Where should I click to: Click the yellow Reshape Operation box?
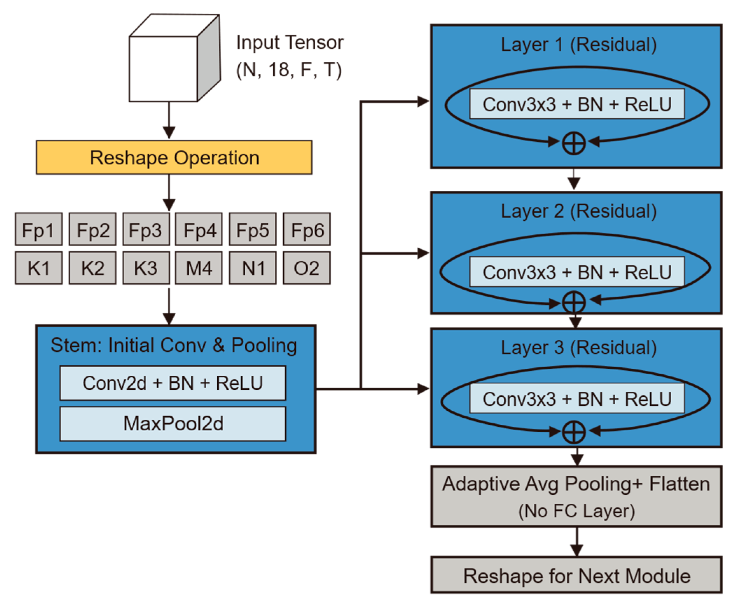(174, 157)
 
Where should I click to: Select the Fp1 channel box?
(38, 229)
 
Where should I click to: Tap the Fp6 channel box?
(306, 229)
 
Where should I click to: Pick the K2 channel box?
(92, 268)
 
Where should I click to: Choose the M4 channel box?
(198, 268)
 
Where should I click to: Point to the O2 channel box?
(306, 268)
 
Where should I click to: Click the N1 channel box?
(252, 268)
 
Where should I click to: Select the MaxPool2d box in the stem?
(173, 423)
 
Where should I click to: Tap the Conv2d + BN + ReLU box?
(173, 383)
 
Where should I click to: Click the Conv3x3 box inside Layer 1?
(577, 104)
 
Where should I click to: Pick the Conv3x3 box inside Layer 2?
(577, 272)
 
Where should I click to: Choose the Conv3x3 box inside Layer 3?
(577, 398)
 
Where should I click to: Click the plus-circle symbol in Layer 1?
(574, 143)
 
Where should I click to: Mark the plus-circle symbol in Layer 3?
(574, 432)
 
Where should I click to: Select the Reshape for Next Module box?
(576, 575)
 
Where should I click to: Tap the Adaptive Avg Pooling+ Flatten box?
(576, 496)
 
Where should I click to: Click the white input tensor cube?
(163, 69)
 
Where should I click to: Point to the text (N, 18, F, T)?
(289, 70)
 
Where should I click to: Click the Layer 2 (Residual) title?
(579, 211)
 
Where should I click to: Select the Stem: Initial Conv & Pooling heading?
(174, 345)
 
